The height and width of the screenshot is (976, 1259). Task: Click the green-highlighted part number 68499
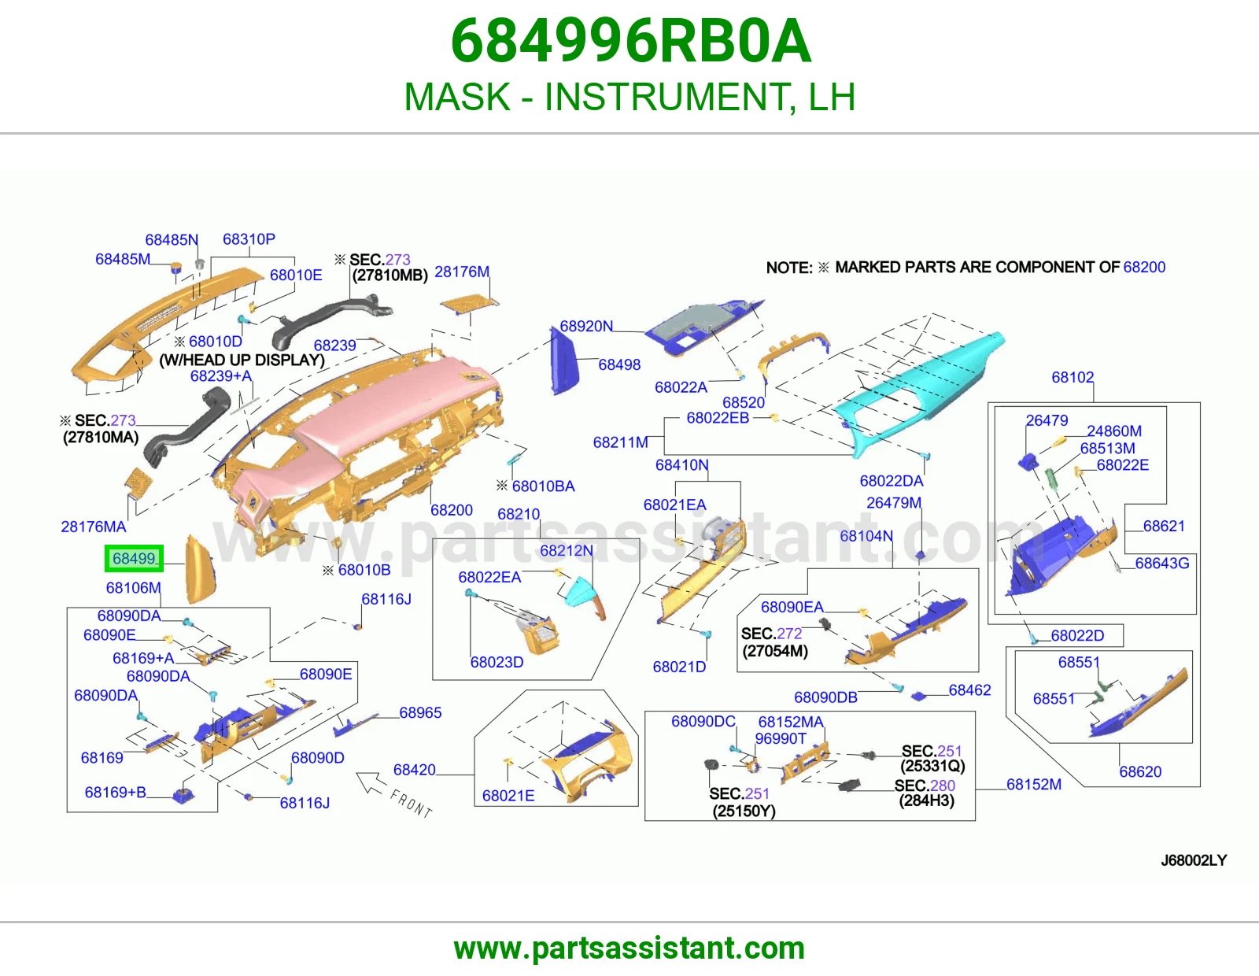pyautogui.click(x=134, y=558)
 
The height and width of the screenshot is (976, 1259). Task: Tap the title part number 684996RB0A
pyautogui.click(x=631, y=41)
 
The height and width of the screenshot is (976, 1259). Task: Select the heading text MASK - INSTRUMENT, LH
pyautogui.click(x=629, y=96)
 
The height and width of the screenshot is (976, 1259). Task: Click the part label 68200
pyautogui.click(x=452, y=510)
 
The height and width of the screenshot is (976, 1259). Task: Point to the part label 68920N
pyautogui.click(x=585, y=327)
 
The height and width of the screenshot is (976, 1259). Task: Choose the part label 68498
pyautogui.click(x=619, y=364)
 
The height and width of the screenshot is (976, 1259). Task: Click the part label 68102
pyautogui.click(x=1073, y=377)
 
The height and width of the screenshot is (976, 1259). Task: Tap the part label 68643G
pyautogui.click(x=1161, y=563)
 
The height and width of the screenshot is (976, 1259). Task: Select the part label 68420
pyautogui.click(x=414, y=770)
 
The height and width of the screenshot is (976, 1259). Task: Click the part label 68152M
pyautogui.click(x=1034, y=784)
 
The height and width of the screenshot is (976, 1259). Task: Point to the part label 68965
pyautogui.click(x=420, y=712)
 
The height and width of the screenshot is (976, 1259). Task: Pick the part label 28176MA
pyautogui.click(x=94, y=527)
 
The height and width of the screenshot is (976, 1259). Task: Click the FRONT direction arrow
pyautogui.click(x=371, y=783)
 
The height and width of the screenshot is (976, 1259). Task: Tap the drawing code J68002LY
pyautogui.click(x=1194, y=860)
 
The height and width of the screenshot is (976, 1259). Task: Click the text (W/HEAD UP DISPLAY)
pyautogui.click(x=242, y=360)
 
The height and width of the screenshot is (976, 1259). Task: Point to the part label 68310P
pyautogui.click(x=249, y=238)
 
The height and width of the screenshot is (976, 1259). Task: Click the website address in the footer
pyautogui.click(x=629, y=948)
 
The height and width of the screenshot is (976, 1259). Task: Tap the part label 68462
pyautogui.click(x=969, y=689)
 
